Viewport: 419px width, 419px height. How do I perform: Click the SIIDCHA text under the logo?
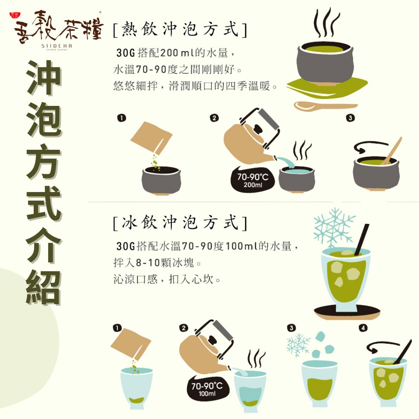tap(57, 46)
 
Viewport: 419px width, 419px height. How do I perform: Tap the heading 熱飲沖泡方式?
tap(180, 29)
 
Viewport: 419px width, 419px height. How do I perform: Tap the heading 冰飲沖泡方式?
tap(180, 222)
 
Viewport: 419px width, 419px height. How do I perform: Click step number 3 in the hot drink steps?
tap(350, 118)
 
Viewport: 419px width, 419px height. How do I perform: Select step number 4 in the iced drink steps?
tap(363, 328)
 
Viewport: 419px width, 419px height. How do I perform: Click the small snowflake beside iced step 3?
tap(298, 345)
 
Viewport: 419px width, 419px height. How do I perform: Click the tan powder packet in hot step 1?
tap(151, 138)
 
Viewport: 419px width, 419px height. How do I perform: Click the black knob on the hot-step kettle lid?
tap(258, 129)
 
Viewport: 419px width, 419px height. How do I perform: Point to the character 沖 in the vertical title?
tap(44, 78)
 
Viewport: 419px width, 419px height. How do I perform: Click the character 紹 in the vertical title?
tap(44, 287)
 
